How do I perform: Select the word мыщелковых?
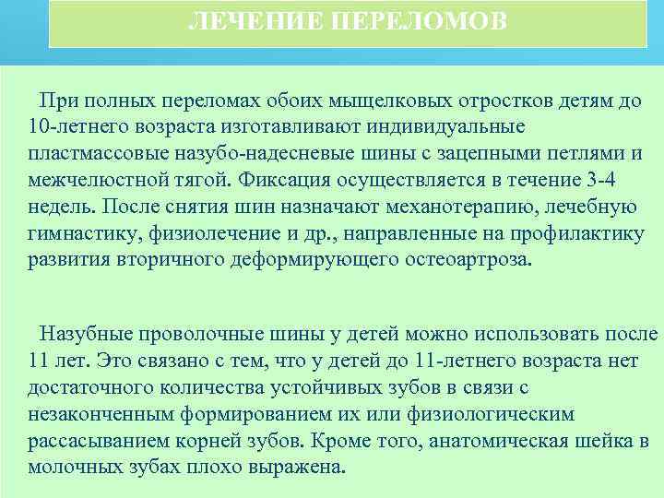point(372,99)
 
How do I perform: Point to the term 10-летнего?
point(75,125)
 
